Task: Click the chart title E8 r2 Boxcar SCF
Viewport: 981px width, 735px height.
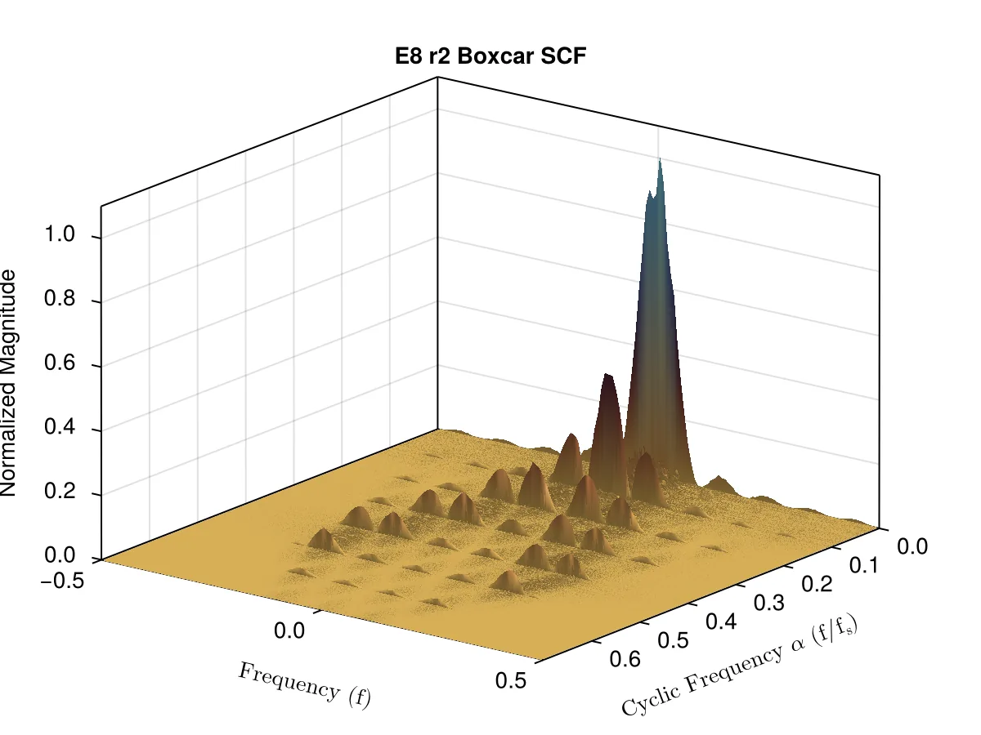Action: tap(490, 56)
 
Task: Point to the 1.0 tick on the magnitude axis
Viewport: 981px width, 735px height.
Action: tap(60, 234)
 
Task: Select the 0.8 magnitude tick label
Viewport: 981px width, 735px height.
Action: tap(60, 297)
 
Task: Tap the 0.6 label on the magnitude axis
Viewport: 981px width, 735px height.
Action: tap(60, 362)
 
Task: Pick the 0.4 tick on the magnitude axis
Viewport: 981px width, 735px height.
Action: tap(60, 426)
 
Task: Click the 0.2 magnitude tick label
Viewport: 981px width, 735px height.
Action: tap(60, 491)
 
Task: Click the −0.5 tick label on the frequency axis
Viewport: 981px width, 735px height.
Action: tap(62, 581)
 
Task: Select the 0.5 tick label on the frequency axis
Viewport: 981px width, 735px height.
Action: tap(511, 680)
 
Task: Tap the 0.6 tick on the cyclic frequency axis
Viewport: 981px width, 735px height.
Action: tap(625, 659)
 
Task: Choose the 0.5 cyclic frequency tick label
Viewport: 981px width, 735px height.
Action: tap(673, 640)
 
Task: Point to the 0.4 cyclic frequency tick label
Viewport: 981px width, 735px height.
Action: tap(721, 621)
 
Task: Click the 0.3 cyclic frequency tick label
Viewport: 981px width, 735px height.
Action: tap(768, 603)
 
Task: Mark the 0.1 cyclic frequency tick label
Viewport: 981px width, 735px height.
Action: tap(864, 565)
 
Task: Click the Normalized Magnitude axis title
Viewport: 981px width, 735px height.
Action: tap(8, 383)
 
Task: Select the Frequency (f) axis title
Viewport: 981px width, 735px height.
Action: tap(304, 684)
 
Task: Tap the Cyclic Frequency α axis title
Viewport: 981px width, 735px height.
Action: tap(740, 665)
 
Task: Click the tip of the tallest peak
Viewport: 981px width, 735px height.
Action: tap(660, 158)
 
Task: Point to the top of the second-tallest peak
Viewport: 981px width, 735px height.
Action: tap(607, 374)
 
